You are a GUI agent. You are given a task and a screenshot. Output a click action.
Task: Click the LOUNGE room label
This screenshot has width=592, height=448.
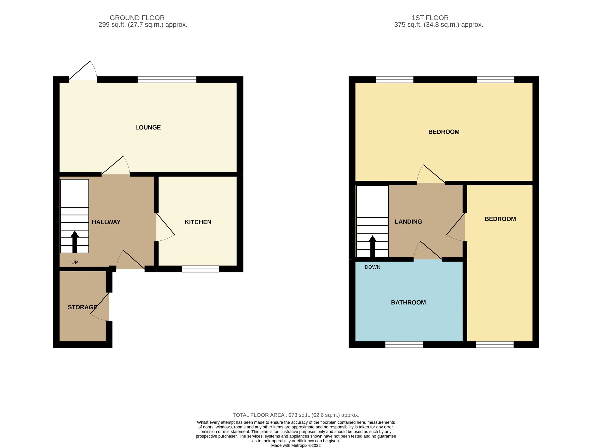148,128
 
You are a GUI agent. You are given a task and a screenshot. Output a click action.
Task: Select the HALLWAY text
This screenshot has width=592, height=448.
106,222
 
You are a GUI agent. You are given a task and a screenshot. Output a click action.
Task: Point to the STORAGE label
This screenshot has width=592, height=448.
82,307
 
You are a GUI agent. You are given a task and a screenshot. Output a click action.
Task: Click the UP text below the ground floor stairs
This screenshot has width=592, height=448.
74,262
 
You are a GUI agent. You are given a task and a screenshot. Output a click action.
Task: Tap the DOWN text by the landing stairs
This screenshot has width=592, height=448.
372,267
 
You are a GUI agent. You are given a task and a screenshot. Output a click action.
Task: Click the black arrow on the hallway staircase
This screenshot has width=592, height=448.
75,241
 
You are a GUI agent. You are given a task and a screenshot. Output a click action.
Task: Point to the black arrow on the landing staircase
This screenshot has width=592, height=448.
372,246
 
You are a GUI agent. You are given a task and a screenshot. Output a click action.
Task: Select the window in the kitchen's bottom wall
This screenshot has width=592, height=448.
200,269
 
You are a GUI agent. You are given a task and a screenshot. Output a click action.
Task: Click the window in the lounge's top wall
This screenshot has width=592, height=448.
167,79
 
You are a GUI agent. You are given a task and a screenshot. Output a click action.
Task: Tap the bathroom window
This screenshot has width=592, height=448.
404,345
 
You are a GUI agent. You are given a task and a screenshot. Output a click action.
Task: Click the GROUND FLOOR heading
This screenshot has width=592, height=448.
137,18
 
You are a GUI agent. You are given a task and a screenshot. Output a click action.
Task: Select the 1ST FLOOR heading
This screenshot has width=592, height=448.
430,18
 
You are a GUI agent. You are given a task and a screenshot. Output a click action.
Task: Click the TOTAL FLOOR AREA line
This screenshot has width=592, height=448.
296,415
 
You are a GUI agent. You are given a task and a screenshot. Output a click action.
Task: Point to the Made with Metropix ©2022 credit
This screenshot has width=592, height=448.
296,446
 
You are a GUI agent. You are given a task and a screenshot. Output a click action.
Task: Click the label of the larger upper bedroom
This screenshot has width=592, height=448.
444,132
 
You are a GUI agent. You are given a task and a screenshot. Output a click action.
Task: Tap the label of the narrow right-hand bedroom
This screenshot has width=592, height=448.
500,219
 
